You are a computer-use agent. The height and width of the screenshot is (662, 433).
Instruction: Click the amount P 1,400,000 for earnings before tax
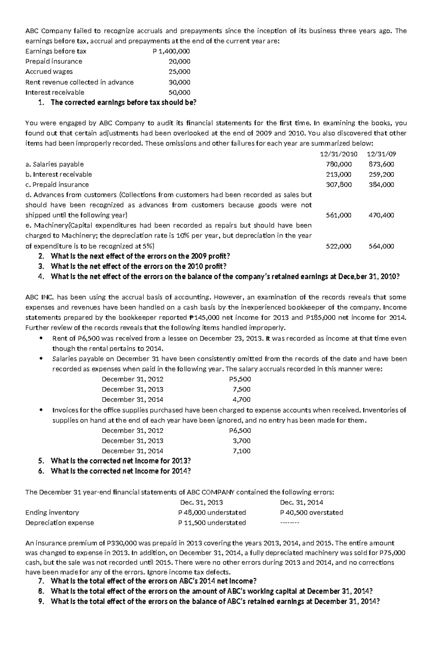click(171, 51)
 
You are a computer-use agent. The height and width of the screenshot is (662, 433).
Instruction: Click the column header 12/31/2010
click(338, 154)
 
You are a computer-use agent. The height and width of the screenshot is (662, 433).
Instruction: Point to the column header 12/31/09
click(381, 154)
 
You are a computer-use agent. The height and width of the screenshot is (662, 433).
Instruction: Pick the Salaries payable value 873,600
click(381, 164)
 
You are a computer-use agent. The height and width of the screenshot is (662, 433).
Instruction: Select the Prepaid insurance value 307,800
click(338, 184)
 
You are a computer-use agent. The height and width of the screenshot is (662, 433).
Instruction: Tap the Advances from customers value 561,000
click(338, 215)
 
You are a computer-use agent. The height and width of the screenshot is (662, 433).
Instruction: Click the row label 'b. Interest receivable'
click(58, 174)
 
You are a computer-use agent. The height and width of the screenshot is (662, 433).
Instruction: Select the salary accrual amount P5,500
click(240, 379)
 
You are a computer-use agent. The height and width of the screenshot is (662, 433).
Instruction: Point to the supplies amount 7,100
click(242, 451)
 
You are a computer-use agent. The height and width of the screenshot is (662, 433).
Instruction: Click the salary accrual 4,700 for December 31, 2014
click(242, 399)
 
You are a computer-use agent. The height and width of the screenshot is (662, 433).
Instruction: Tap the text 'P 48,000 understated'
click(212, 512)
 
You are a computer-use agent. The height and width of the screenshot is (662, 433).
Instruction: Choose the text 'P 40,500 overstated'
click(311, 512)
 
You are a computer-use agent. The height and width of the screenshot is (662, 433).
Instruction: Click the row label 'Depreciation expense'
click(60, 522)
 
